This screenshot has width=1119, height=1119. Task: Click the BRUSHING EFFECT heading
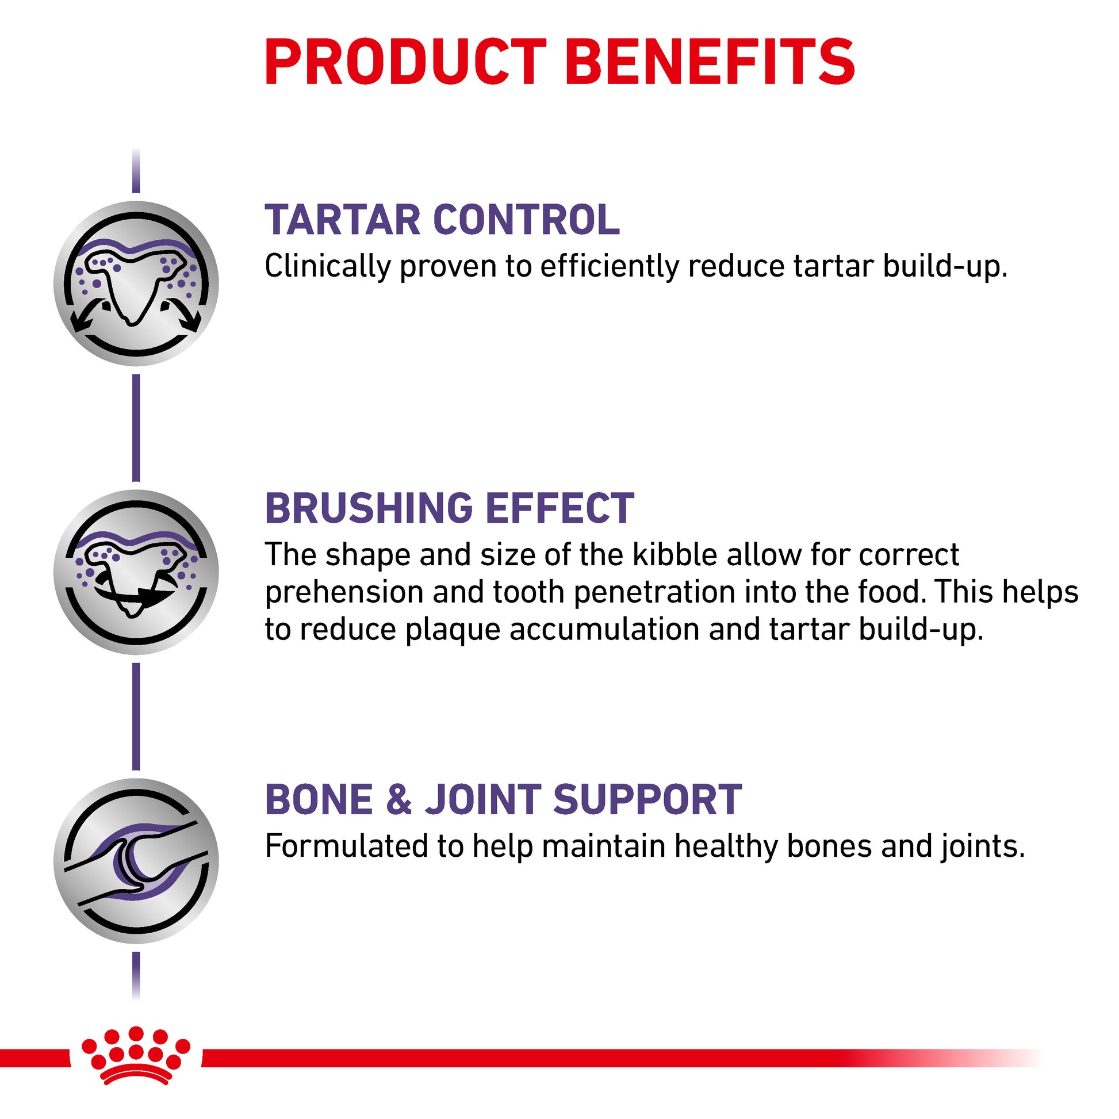450,508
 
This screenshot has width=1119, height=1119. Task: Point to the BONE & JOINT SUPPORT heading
503,799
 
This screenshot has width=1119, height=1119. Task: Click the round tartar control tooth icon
136,284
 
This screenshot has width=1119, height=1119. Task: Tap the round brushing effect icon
136,572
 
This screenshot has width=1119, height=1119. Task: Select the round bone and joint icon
136,861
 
